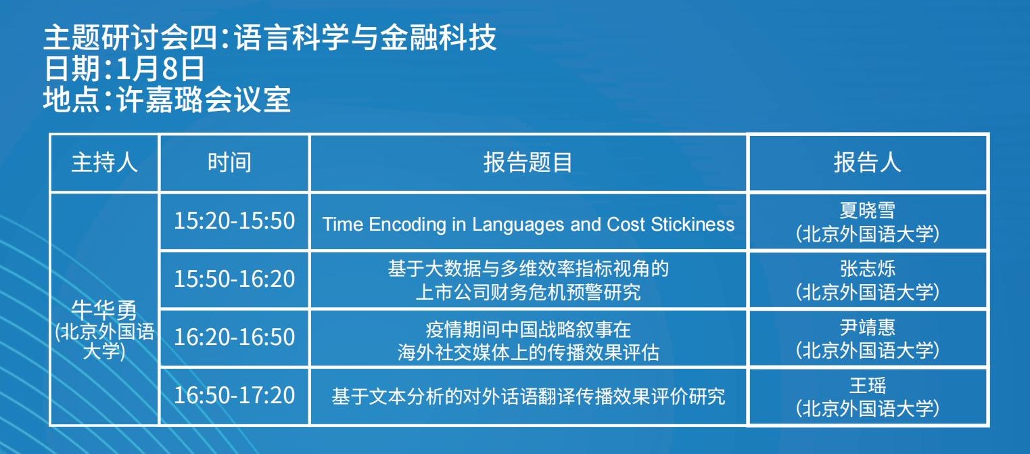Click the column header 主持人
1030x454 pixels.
(104, 162)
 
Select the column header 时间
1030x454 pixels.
(229, 162)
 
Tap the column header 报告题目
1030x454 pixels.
(528, 162)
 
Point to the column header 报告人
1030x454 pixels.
(867, 162)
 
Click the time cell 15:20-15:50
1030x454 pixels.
(234, 221)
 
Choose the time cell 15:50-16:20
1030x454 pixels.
(234, 279)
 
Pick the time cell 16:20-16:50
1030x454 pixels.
(234, 337)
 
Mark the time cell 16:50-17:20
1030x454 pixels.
(234, 395)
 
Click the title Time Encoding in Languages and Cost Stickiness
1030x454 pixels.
(528, 225)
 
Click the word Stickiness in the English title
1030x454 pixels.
(693, 224)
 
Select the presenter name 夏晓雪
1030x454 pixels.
(867, 210)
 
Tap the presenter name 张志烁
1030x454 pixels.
(867, 269)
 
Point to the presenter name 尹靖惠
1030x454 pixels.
(867, 327)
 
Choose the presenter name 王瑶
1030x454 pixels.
(867, 385)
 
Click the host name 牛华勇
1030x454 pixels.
(104, 311)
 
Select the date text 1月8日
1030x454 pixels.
(160, 68)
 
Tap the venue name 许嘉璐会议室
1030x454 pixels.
(204, 99)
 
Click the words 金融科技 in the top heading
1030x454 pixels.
(438, 38)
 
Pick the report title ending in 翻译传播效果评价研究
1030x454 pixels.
(528, 396)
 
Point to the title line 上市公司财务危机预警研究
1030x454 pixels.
(528, 292)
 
